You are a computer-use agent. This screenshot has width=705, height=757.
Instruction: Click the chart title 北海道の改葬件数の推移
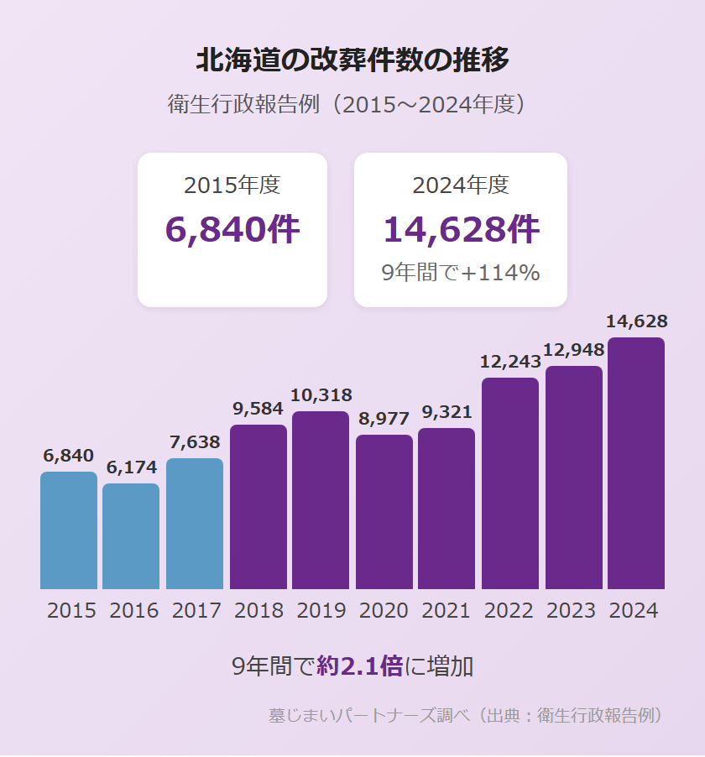tap(352, 60)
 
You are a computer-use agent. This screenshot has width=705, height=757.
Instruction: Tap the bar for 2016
tap(131, 536)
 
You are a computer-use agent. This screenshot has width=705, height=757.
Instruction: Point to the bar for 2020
tap(384, 512)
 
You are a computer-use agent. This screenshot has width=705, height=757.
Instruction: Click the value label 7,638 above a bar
tap(195, 442)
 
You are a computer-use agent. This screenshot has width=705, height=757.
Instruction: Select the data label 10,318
tap(321, 395)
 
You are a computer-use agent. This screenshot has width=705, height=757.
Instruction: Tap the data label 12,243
tap(509, 362)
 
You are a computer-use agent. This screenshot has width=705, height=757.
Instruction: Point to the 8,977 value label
tap(384, 419)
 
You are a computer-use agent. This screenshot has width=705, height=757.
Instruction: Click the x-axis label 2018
tap(258, 611)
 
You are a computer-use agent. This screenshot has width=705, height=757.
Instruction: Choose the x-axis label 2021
tap(446, 611)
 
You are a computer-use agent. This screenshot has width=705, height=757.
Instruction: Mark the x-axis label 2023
tap(572, 611)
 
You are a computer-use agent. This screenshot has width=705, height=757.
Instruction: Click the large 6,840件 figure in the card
tap(232, 229)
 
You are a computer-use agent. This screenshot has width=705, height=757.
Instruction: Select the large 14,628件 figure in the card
tap(461, 229)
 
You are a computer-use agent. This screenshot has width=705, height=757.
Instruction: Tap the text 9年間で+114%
tap(461, 273)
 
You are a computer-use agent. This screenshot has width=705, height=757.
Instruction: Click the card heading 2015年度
tap(232, 185)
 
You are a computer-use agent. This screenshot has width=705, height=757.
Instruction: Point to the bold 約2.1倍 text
tap(360, 667)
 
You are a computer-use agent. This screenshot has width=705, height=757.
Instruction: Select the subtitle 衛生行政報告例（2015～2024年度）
tap(352, 105)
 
